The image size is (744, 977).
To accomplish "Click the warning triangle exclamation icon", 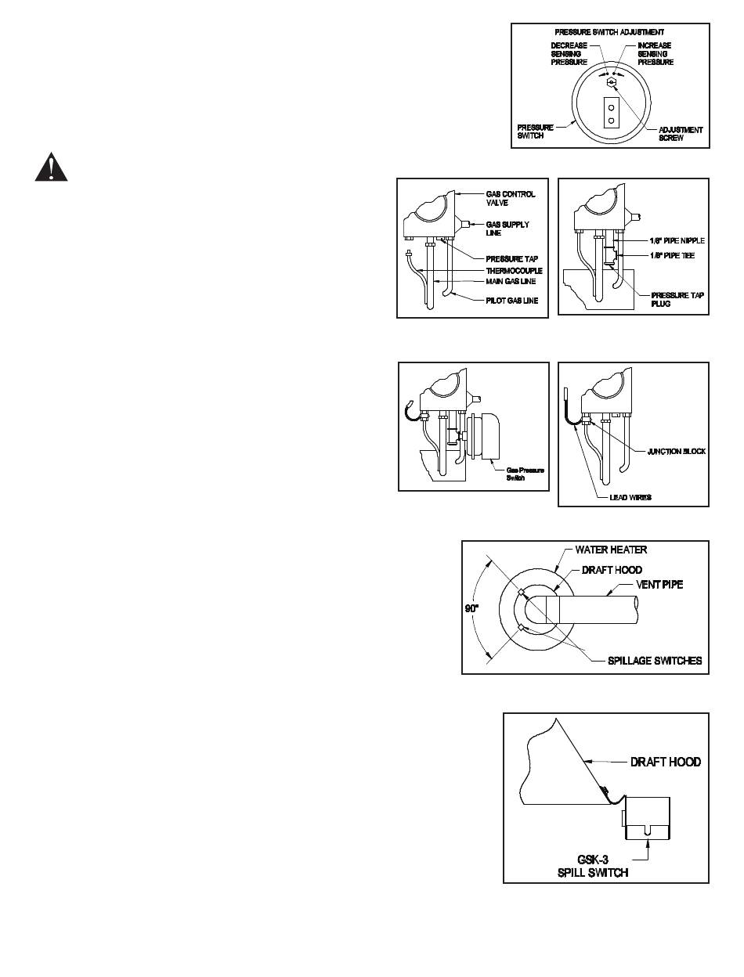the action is point(49,168).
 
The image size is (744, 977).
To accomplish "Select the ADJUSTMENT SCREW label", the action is point(681,133).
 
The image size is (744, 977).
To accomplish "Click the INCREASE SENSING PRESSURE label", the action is point(656,53).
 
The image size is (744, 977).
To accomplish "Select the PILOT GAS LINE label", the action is point(511,301).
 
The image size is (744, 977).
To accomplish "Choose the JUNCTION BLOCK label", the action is point(676,452).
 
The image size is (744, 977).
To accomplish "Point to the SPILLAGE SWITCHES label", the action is point(655,661).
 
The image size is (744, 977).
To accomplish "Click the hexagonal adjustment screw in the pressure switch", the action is point(611,81).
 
